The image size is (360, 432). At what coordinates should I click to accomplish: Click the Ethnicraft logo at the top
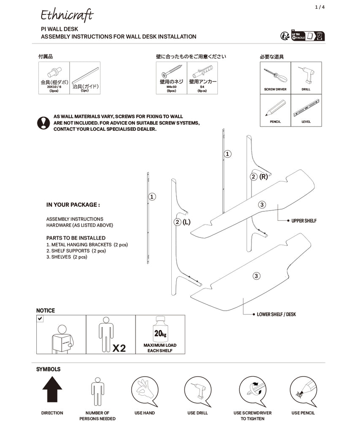pos(67,15)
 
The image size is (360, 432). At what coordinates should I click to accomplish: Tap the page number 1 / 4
pos(320,7)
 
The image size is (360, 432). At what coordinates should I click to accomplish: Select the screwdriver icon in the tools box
pos(275,76)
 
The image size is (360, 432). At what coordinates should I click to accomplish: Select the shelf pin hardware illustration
pos(54,72)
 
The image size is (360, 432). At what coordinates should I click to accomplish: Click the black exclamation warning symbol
pos(43,122)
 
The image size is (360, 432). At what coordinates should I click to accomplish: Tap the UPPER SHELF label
pos(304,221)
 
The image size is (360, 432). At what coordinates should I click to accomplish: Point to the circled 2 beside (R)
pos(254,176)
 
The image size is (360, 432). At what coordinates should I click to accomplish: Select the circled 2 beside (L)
pos(178,222)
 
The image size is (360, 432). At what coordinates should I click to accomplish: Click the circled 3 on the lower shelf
pos(256,276)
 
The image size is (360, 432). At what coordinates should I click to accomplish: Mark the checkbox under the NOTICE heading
pos(40,319)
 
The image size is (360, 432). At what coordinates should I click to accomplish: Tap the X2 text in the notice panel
pos(119,348)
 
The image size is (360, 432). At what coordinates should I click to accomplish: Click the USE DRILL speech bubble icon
pos(198,390)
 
